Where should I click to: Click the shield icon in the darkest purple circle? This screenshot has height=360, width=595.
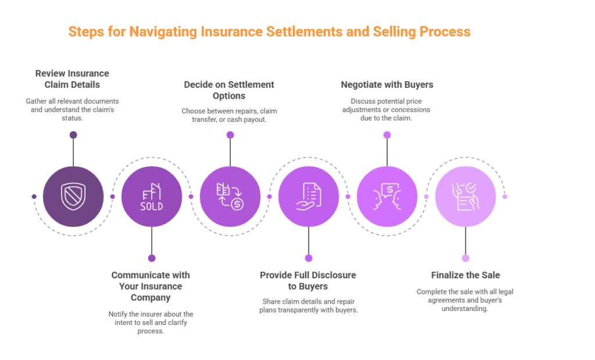73,196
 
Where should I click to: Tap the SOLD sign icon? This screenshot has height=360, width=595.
152,196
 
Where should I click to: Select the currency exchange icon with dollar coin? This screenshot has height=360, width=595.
230,196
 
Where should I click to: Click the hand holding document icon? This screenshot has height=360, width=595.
309,196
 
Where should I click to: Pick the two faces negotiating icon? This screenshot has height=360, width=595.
387,196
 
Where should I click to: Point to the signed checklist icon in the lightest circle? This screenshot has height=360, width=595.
465,196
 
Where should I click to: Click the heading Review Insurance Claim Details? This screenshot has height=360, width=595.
72,79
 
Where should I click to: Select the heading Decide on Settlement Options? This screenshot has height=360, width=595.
229,90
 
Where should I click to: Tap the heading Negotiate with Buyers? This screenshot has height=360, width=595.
387,85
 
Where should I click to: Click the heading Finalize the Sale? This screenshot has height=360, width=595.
465,275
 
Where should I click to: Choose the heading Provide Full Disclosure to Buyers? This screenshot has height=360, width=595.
308,280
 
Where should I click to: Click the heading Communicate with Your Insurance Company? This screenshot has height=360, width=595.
150,286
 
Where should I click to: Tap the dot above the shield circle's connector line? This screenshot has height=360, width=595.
73,135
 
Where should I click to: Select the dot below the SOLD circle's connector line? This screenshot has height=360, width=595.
152,258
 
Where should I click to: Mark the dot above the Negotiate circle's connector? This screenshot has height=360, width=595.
387,135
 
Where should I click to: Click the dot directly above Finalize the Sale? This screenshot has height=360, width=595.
465,258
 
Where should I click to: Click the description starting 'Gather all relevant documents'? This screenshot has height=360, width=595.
72,110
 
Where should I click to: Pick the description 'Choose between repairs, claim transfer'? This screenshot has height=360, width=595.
229,116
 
